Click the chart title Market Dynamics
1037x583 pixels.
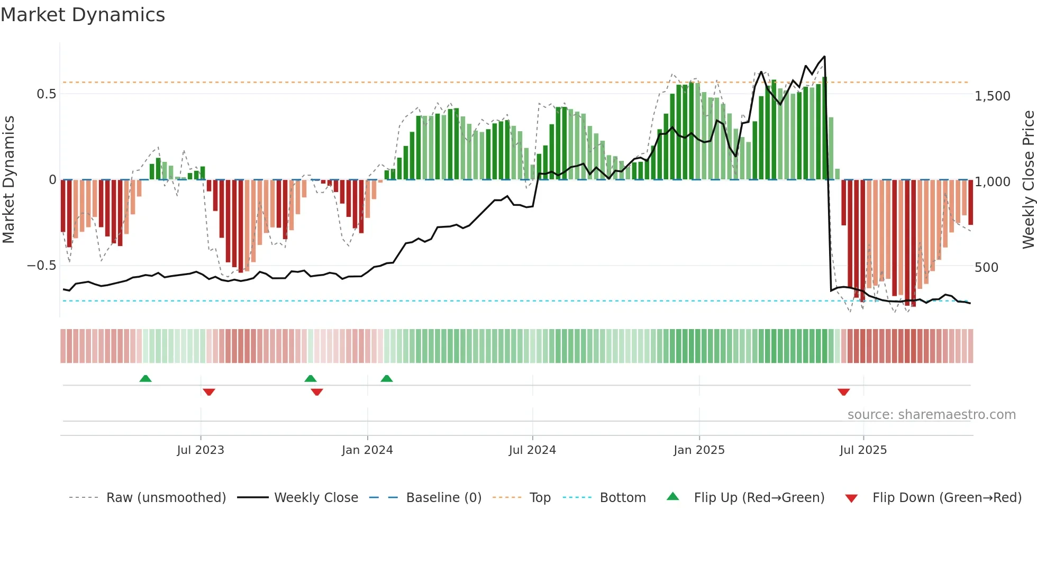83,15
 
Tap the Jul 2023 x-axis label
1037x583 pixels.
201,450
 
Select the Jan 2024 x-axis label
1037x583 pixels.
367,450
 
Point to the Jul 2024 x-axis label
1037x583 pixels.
532,450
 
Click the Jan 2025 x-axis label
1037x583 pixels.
699,450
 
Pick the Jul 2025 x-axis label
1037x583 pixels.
863,450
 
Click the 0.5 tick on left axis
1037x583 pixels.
46,94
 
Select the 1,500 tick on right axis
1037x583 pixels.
993,96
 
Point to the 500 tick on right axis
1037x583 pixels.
986,268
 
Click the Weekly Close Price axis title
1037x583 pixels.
1028,180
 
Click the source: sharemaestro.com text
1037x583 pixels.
931,415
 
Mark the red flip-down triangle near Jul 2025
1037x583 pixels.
843,392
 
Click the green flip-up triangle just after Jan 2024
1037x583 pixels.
387,378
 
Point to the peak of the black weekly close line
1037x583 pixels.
824,57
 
